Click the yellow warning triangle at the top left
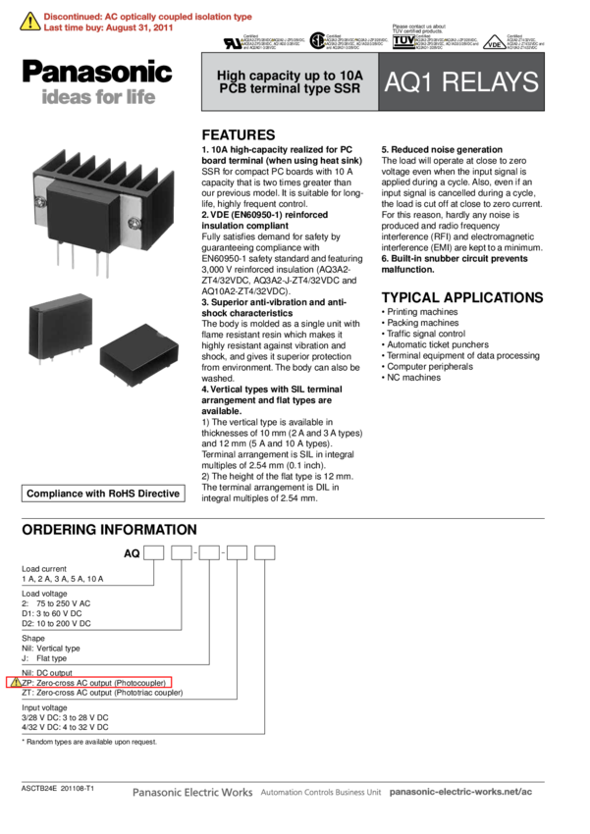pos(30,22)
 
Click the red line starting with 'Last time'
pos(108,29)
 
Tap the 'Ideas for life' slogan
pos(98,98)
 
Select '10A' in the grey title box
pos(350,76)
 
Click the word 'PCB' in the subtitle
pos(233,89)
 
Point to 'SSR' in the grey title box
pos(347,89)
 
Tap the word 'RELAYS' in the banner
pos(489,82)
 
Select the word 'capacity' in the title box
pos(287,76)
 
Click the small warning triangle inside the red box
pos(16,682)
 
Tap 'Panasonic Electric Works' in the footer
pos(192,792)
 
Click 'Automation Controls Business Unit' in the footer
pos(321,793)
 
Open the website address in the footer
pos(461,792)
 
